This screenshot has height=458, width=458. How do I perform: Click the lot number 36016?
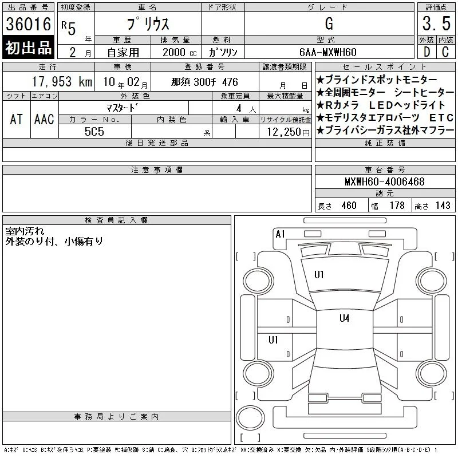(x=28, y=24)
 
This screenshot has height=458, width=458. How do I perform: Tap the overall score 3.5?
(x=436, y=23)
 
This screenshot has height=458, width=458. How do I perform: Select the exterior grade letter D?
(x=427, y=52)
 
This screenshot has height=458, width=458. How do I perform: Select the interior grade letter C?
(x=445, y=52)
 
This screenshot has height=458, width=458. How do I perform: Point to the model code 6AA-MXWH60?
(x=327, y=52)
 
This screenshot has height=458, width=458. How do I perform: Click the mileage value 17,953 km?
(x=62, y=82)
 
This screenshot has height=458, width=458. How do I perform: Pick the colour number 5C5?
(x=94, y=132)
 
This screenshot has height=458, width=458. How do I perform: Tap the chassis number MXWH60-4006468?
(x=384, y=181)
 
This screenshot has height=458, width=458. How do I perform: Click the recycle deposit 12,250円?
(x=288, y=132)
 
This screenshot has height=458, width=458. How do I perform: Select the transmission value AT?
(x=17, y=119)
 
